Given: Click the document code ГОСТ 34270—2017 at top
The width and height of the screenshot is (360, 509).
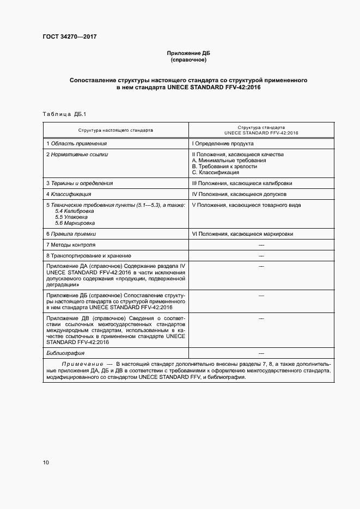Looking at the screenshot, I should pos(70,38).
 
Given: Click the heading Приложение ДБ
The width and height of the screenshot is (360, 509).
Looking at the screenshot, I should pos(188,53).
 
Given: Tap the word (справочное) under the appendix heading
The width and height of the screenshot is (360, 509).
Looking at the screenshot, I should pos(188,60).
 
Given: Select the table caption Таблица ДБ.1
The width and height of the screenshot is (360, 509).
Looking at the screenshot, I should pos(64,114).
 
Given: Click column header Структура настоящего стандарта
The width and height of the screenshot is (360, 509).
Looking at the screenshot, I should pos(115,131).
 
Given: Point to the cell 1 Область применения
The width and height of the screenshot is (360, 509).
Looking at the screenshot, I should pos(76,144).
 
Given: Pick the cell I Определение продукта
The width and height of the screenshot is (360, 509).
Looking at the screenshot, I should pos(222,144).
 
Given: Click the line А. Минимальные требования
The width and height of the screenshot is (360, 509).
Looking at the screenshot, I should pos(229,161).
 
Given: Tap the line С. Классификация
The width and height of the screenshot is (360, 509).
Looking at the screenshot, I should pos(216,173).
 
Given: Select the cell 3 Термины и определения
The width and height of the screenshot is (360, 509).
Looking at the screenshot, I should pos(80,183).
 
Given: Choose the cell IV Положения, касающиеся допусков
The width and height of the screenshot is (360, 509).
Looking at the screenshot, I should pos(239,194).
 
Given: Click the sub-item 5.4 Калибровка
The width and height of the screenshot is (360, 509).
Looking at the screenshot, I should pos(71,211).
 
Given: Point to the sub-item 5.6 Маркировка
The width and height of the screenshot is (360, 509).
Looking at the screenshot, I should pos(75,223).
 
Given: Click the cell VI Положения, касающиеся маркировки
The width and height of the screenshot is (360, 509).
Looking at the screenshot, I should pos(242,234).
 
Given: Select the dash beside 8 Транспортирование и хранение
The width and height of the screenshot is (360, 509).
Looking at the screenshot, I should pos(261,256).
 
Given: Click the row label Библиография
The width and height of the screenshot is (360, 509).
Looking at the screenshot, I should pos(65,352).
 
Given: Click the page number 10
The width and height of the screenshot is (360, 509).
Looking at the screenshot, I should pos(46,463).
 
